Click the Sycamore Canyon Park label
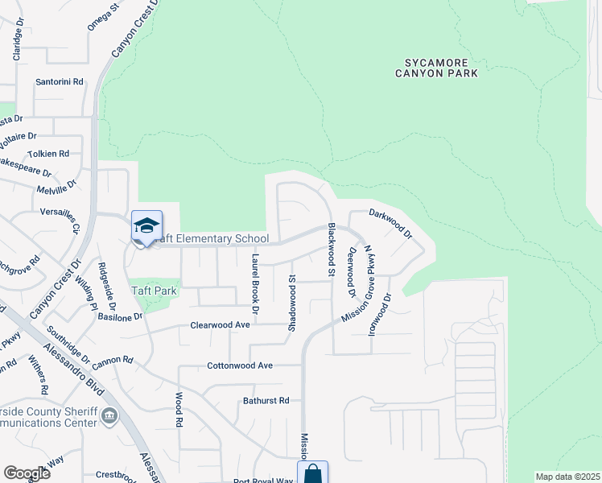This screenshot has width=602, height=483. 436,67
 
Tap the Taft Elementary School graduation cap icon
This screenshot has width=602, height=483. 146,226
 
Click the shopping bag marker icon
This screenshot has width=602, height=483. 312,474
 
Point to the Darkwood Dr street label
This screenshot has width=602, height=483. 390,223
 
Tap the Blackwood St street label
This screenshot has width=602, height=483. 331,250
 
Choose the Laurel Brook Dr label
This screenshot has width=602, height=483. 255,283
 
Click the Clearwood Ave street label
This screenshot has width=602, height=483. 221,325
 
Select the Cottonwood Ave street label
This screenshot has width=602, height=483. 242,365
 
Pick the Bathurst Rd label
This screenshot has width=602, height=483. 266,400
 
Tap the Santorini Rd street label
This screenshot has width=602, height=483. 60,82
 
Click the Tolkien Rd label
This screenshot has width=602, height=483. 48,153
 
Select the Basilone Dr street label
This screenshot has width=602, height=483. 120,316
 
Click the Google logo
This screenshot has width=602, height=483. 27,473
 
